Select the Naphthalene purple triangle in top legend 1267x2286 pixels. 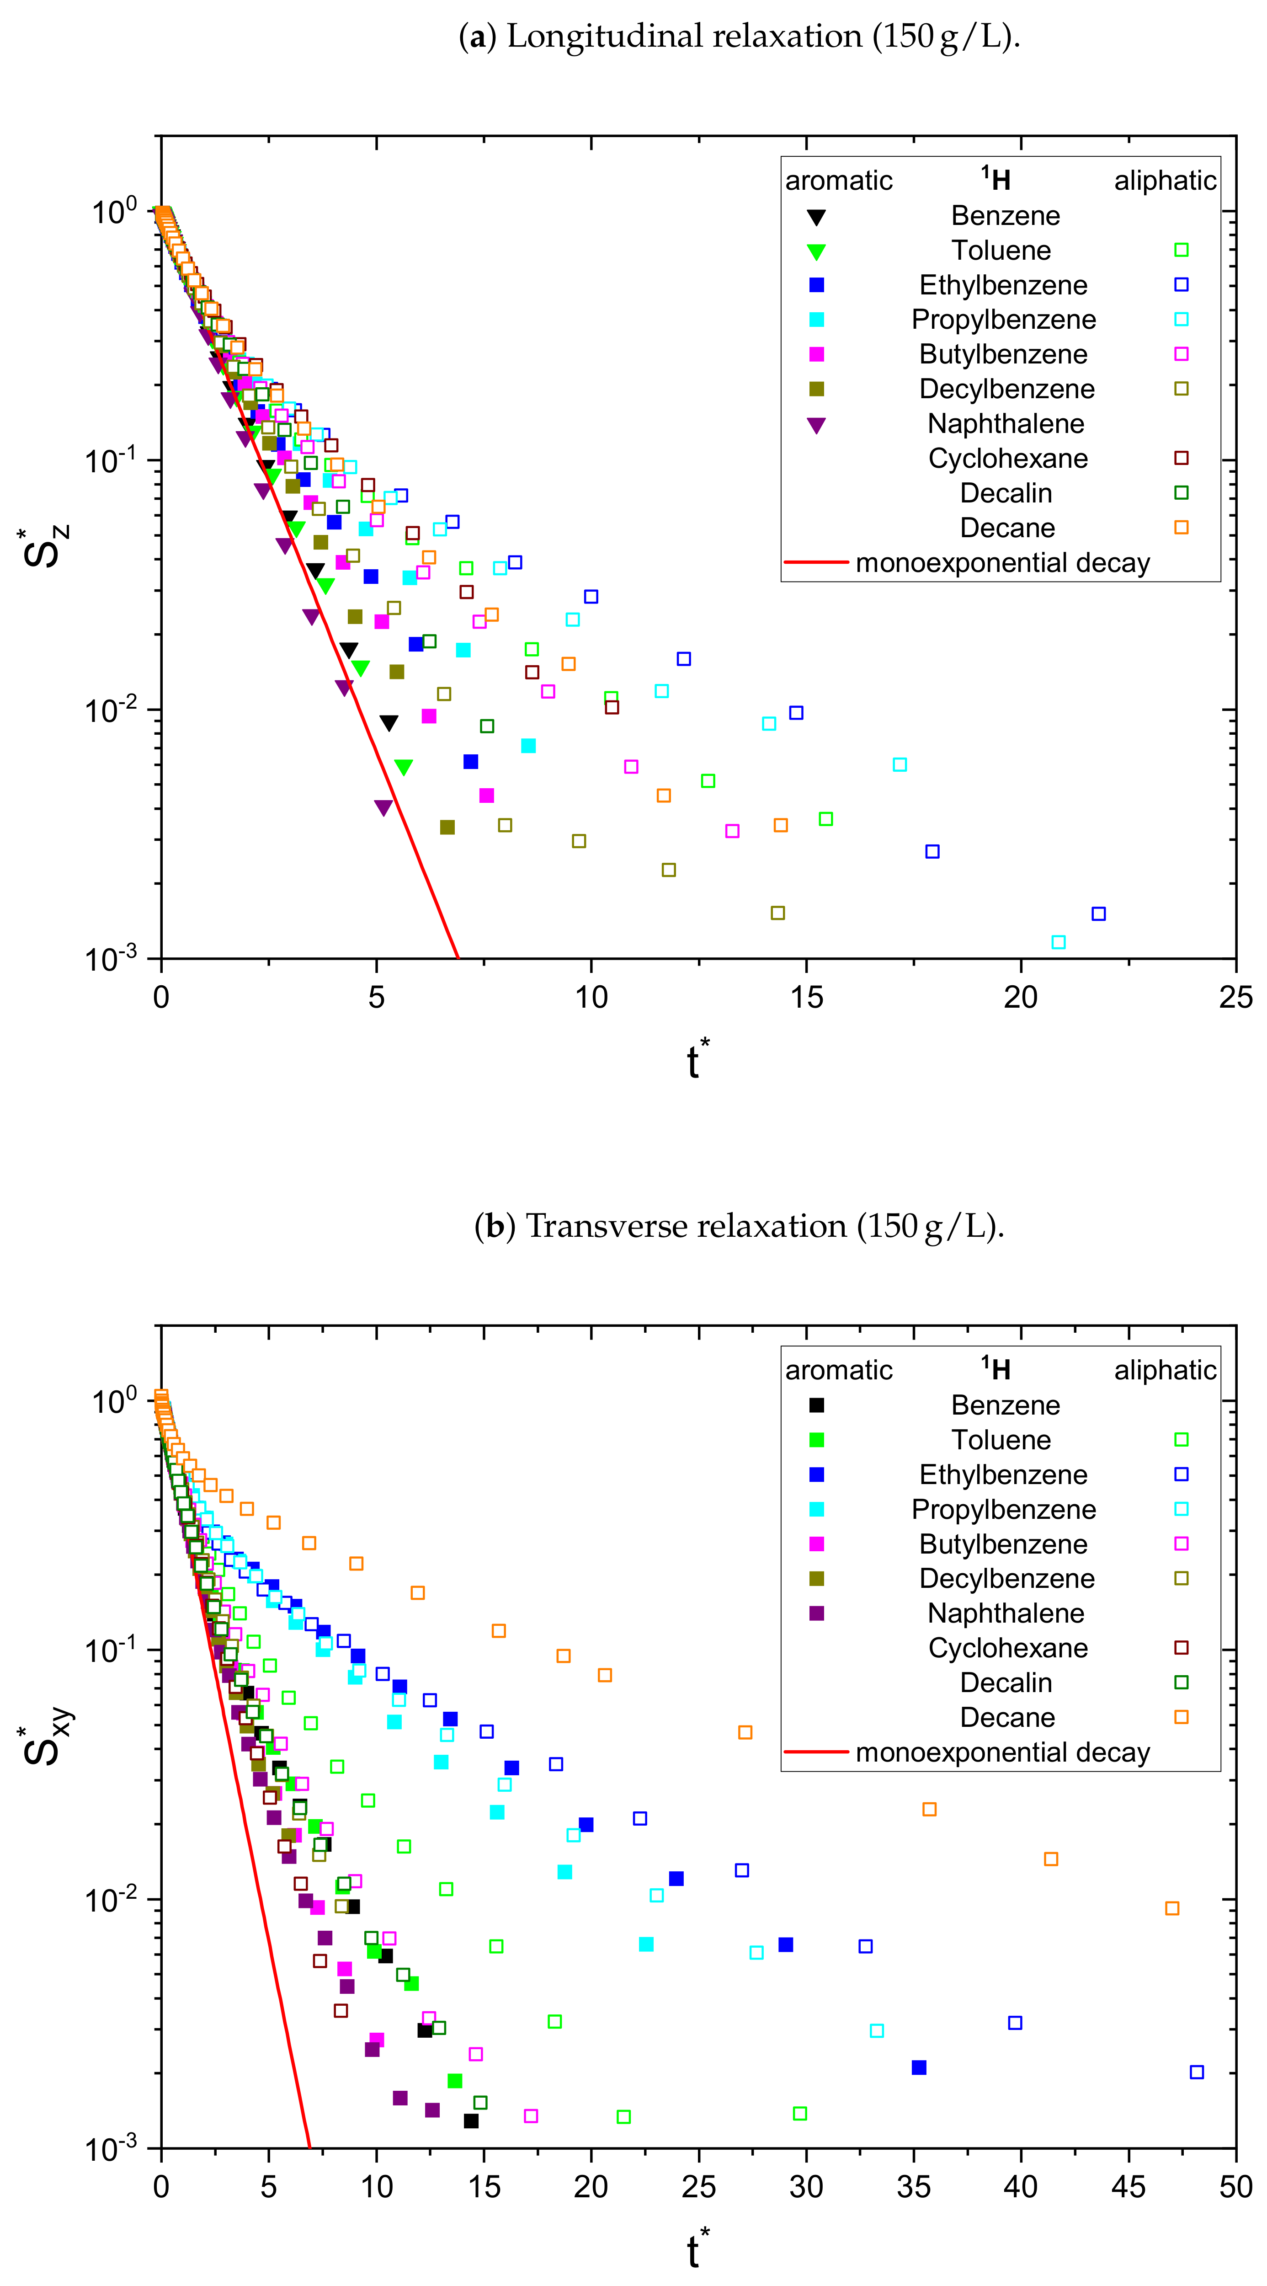pos(816,425)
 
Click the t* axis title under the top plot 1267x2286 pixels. pos(698,1059)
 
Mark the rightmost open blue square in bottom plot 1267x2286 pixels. pos(1196,2072)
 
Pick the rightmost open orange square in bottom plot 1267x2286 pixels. pos(1172,1908)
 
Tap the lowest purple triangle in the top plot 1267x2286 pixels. pos(383,807)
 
